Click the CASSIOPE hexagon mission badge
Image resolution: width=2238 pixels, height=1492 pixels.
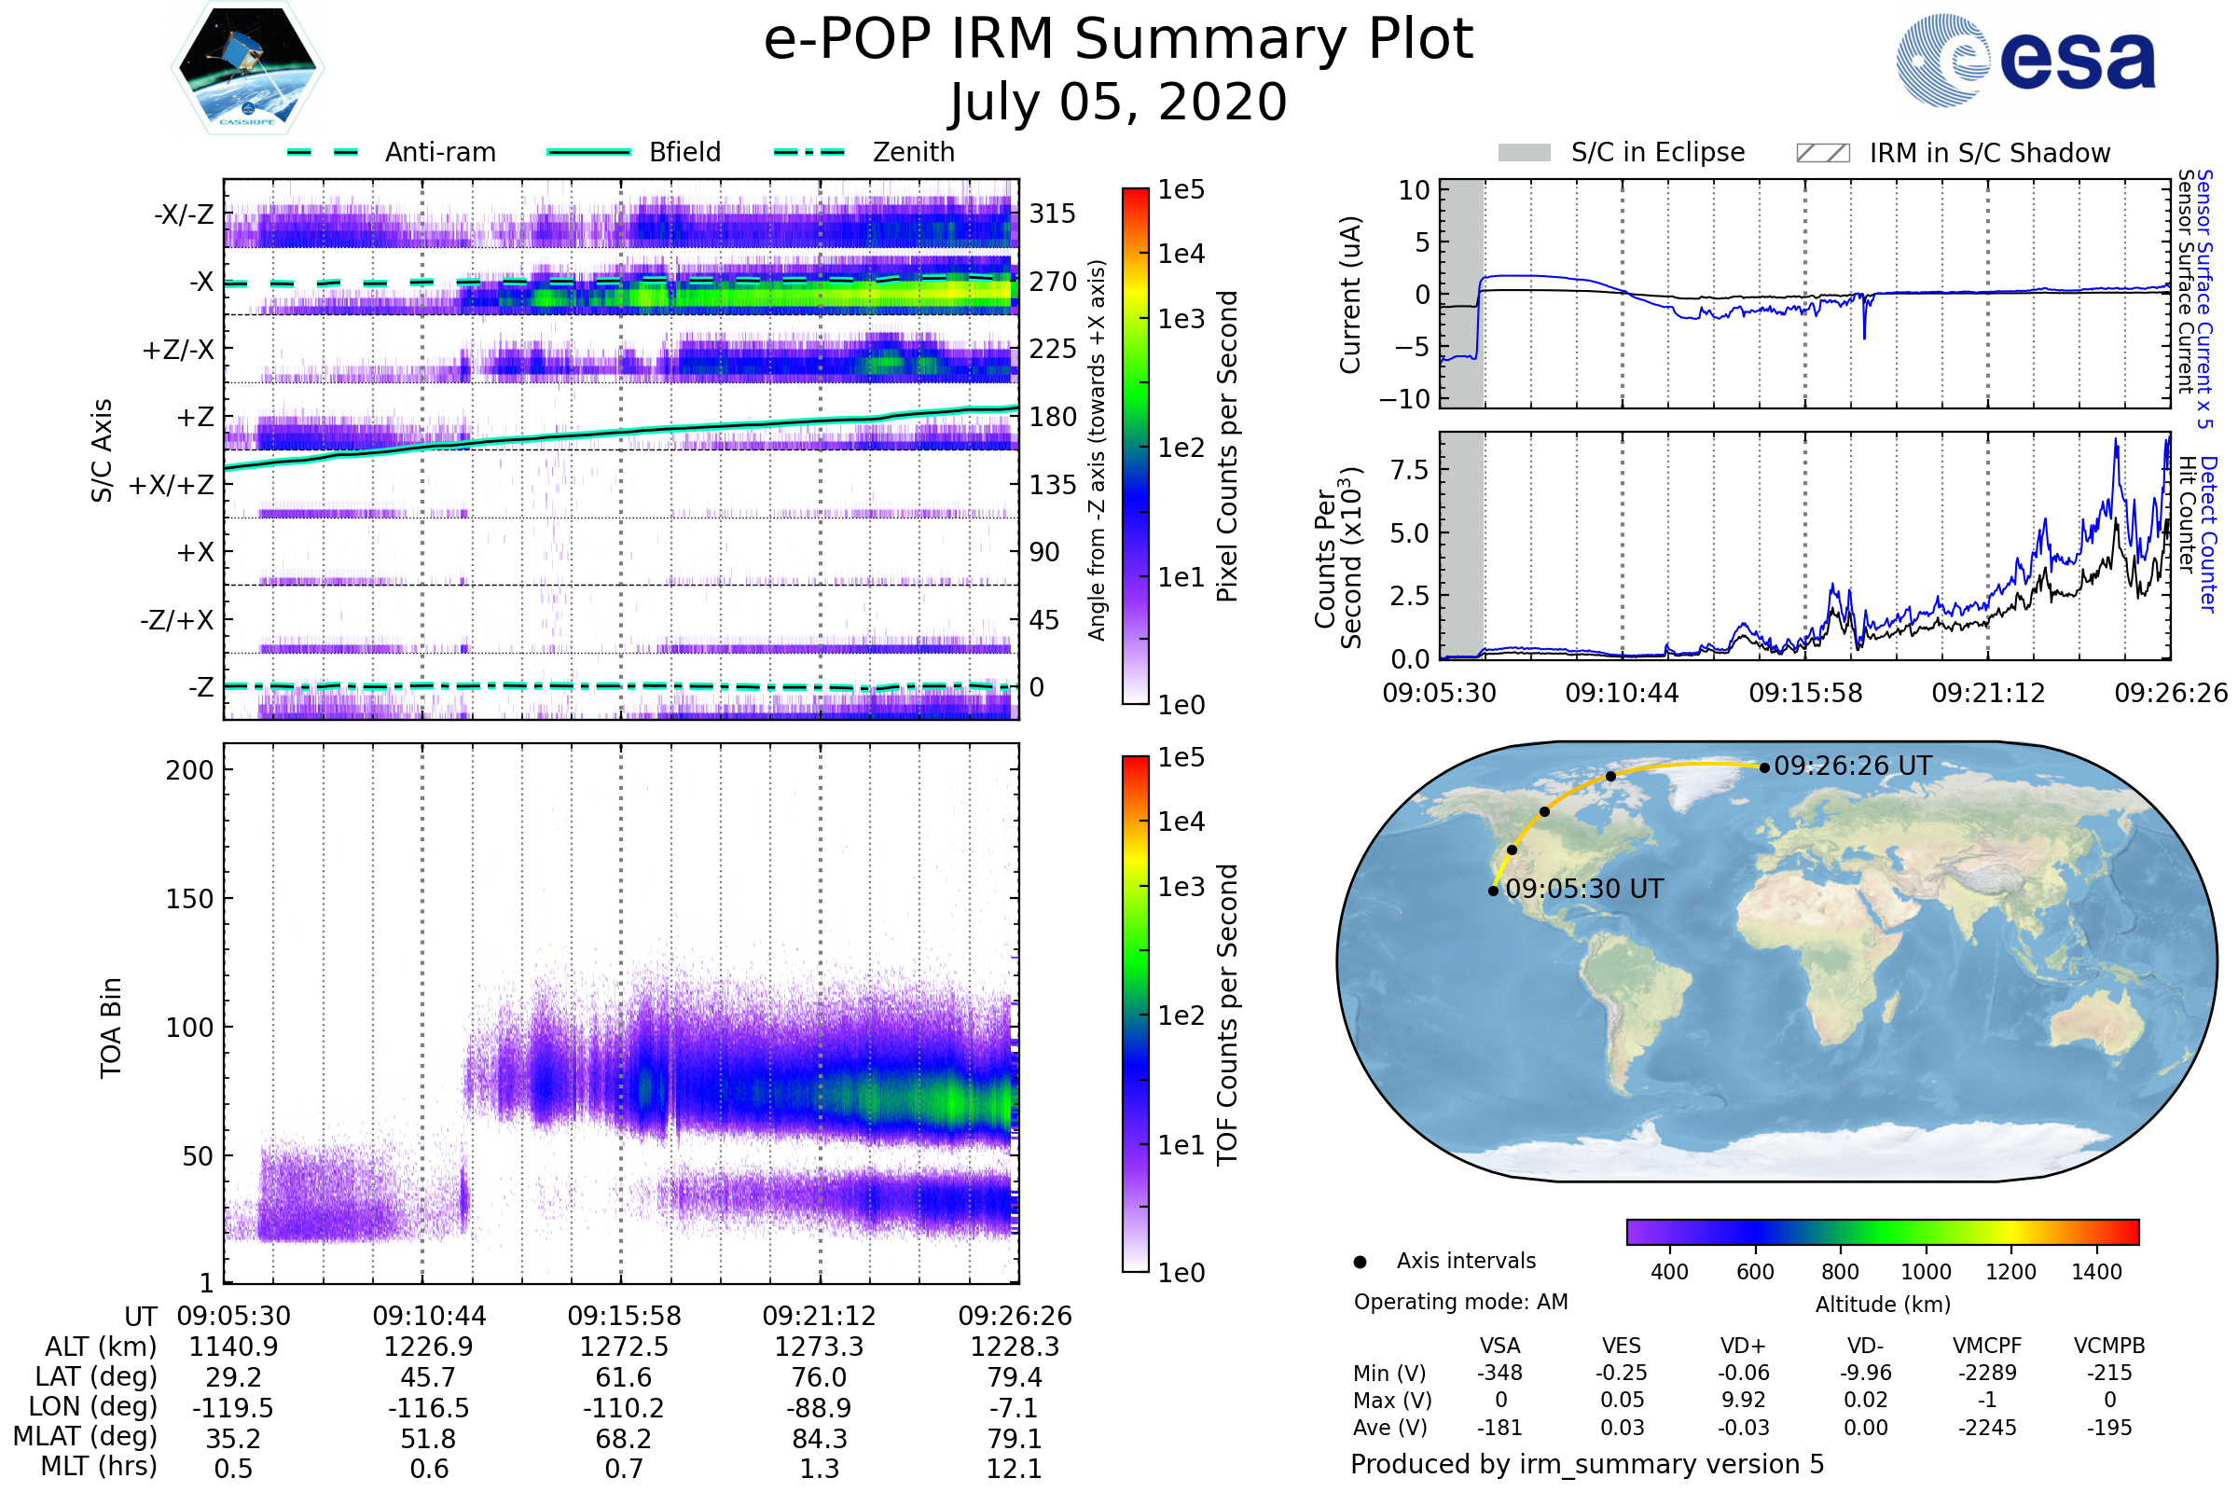[247, 66]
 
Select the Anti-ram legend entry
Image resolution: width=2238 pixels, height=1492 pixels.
[391, 152]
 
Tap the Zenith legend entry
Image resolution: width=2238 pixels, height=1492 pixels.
[864, 152]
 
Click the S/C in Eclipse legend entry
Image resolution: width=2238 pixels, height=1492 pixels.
[1622, 152]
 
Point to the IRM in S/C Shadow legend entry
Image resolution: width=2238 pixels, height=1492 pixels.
[1953, 152]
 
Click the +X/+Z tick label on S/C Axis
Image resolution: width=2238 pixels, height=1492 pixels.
[172, 485]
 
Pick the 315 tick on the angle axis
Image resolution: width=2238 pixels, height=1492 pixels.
[1053, 214]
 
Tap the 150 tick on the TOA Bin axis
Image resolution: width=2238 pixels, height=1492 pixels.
[189, 899]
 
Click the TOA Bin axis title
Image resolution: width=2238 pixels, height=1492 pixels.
[110, 1028]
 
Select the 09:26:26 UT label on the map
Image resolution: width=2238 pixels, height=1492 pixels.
[1853, 766]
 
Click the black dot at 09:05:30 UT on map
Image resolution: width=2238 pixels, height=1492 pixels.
[1493, 891]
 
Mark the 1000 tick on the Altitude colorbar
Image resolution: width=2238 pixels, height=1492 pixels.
[1926, 1272]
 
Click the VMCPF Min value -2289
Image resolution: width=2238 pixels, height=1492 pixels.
[1987, 1373]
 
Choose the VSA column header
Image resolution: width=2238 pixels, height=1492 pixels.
[1499, 1347]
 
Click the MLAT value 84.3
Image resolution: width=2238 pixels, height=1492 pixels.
[820, 1439]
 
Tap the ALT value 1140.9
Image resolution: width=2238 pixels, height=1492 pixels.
[233, 1347]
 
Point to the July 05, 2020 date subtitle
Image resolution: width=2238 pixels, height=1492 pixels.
[1118, 102]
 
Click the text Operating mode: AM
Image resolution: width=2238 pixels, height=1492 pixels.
[1460, 1302]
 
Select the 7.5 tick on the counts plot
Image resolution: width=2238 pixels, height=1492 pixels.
[1409, 469]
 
